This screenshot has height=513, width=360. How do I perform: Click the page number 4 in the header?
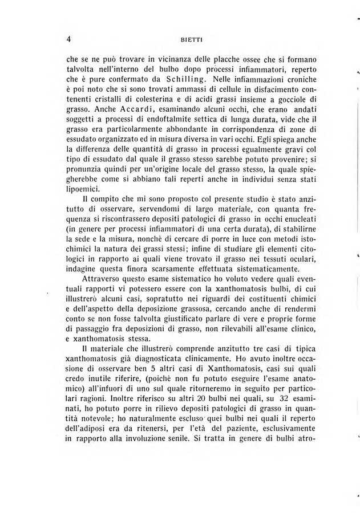point(68,39)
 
